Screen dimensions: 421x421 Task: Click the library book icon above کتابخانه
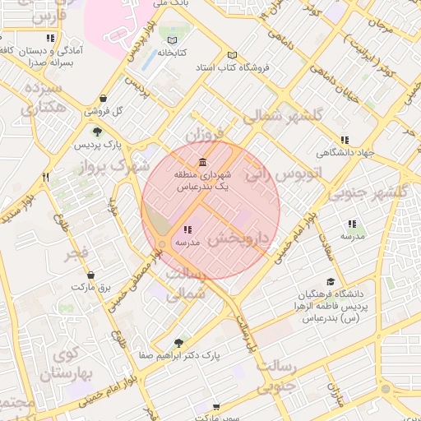point(172,40)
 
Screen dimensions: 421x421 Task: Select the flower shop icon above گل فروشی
point(102,98)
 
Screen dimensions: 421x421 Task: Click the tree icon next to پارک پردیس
point(98,132)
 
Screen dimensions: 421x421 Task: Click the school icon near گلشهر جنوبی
point(353,224)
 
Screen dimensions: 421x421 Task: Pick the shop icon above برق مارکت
point(90,275)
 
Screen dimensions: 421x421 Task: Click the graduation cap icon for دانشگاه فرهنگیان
point(330,281)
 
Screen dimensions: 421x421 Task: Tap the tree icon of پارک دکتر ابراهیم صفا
point(179,343)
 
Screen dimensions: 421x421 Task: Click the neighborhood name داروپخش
point(239,238)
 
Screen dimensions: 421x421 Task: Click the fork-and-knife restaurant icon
point(46,176)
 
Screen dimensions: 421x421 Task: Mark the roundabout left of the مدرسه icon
point(163,244)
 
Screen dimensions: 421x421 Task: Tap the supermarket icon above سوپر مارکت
point(215,407)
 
